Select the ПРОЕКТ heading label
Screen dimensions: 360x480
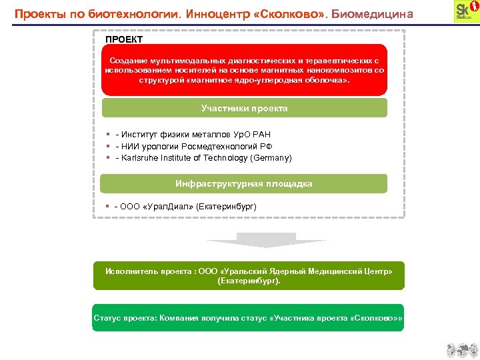(124, 39)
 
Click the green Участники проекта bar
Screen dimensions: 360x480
(244, 108)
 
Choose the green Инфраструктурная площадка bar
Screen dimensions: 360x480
(244, 183)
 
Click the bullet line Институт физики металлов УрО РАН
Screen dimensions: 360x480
(193, 134)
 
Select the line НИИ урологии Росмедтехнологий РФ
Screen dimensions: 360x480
(193, 146)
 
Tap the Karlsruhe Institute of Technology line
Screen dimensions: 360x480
(203, 158)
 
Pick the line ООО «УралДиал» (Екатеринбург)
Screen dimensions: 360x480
(185, 206)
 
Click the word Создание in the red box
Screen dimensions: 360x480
(129, 60)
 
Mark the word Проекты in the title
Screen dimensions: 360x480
(39, 13)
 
